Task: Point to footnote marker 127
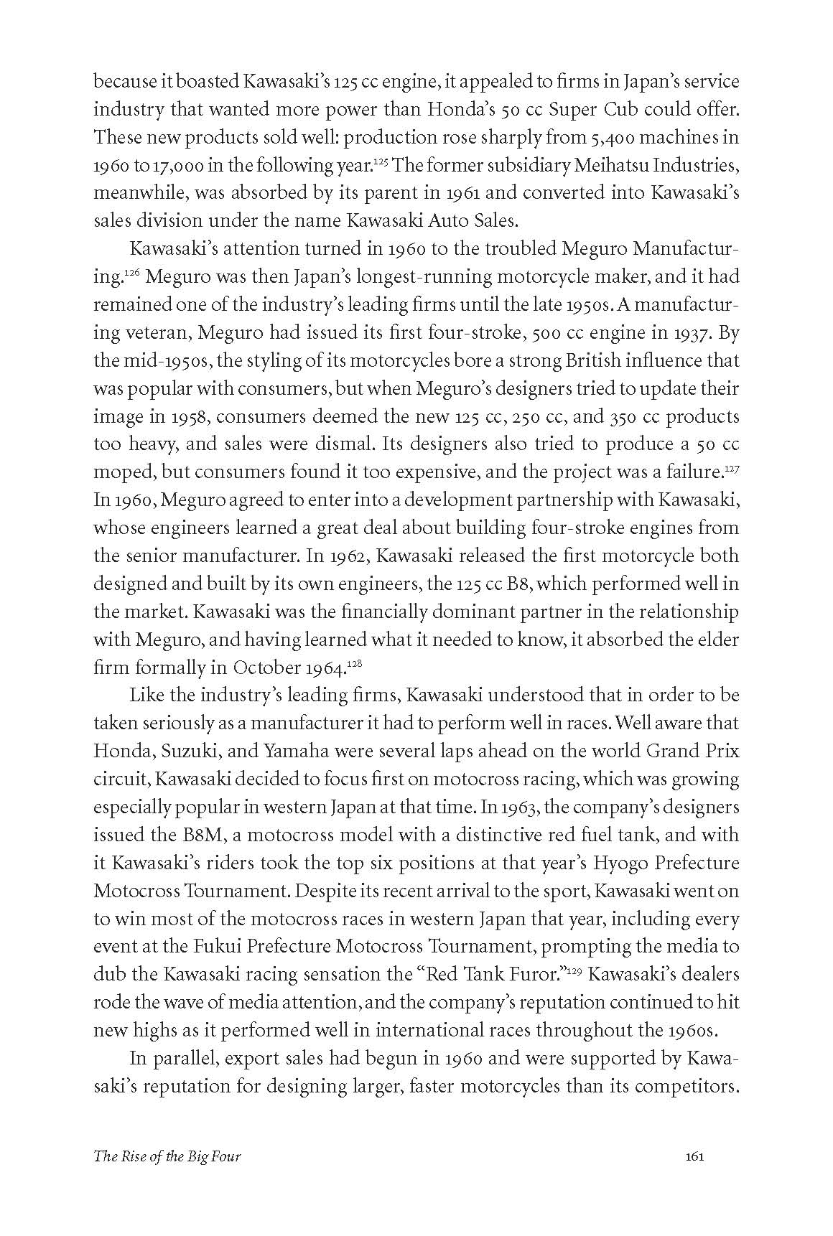(x=731, y=467)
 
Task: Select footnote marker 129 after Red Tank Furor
(x=573, y=970)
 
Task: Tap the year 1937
(x=693, y=333)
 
